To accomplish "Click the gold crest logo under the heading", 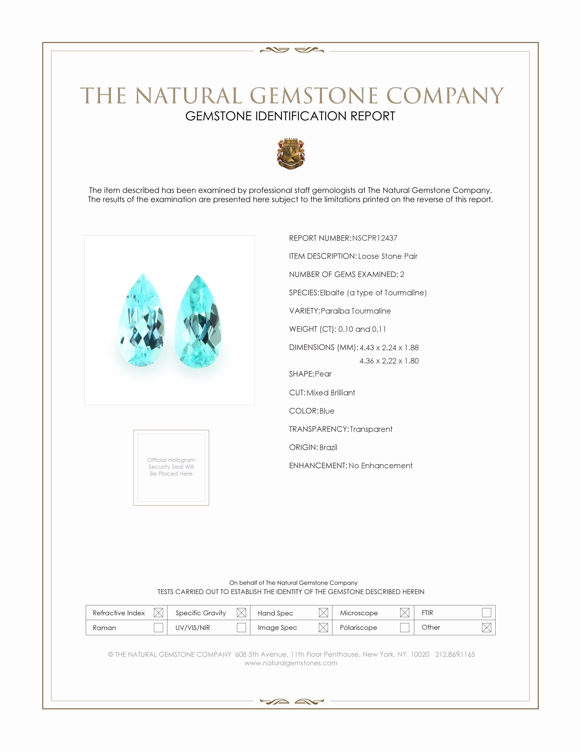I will tap(291, 153).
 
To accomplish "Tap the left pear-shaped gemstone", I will tap(141, 320).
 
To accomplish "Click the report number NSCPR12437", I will tap(375, 238).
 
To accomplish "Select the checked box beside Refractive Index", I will tap(158, 613).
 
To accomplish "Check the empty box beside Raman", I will tap(158, 627).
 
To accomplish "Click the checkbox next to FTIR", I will tap(486, 613).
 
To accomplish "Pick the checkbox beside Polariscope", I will tap(405, 627).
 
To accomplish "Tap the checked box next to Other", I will tap(486, 627).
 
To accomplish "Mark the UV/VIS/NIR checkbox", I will tap(241, 627).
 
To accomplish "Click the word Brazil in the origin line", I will tap(328, 447).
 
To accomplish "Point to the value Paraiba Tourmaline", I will tap(355, 311).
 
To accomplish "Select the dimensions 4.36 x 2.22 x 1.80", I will tap(389, 361).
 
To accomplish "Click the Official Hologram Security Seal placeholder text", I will tap(171, 467).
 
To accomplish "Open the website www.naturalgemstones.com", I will tap(291, 663).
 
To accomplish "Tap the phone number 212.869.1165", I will tap(455, 654).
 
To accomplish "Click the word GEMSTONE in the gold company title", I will tap(313, 96).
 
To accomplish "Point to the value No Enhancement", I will tap(380, 466).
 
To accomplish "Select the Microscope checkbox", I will tap(405, 613).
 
